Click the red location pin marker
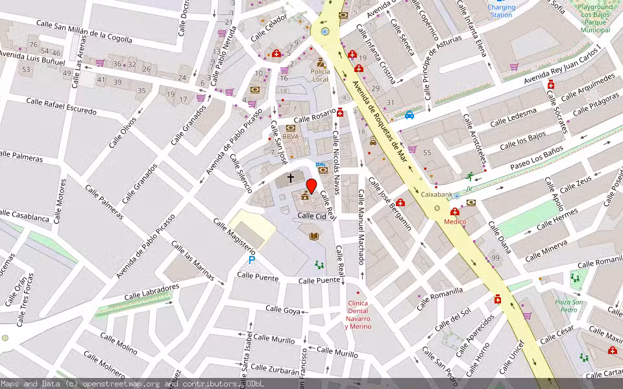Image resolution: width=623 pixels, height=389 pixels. (311, 187)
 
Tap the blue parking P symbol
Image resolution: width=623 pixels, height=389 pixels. (252, 261)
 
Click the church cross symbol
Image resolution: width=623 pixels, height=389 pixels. (290, 176)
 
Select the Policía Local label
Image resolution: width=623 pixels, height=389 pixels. (320, 75)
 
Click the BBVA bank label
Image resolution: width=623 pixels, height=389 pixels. (290, 137)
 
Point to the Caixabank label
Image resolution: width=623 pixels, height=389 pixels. (436, 194)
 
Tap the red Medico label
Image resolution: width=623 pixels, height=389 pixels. (454, 222)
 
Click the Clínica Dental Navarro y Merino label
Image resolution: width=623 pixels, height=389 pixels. (358, 315)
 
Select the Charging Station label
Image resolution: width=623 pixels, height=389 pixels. (501, 11)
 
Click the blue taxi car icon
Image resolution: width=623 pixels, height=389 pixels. (409, 115)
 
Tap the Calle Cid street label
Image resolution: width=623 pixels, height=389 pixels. (311, 216)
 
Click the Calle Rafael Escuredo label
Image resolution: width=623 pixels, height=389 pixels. (62, 106)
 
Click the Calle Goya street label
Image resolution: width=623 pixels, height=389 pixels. (284, 310)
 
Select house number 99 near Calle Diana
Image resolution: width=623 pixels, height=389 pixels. (495, 259)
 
